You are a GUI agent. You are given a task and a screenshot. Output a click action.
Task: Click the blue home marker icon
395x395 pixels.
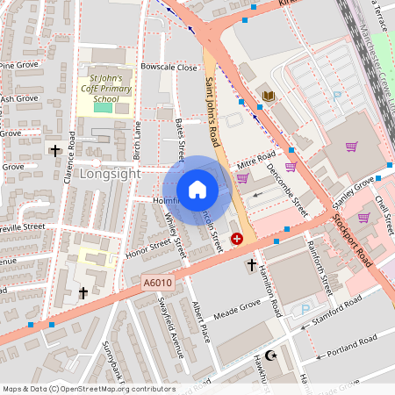(x=197, y=189)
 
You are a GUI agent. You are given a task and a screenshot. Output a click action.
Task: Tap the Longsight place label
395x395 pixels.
(x=110, y=174)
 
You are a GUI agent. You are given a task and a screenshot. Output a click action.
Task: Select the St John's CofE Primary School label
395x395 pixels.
(x=104, y=89)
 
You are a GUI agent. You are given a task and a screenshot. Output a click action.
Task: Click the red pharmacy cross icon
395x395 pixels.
(x=236, y=239)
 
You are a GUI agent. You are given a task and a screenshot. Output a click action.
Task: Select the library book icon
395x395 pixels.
(x=269, y=96)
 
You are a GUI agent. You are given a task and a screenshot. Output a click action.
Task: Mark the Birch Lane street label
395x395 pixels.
(x=136, y=140)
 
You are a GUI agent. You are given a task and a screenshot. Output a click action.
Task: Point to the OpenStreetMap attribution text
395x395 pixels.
(x=89, y=389)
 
